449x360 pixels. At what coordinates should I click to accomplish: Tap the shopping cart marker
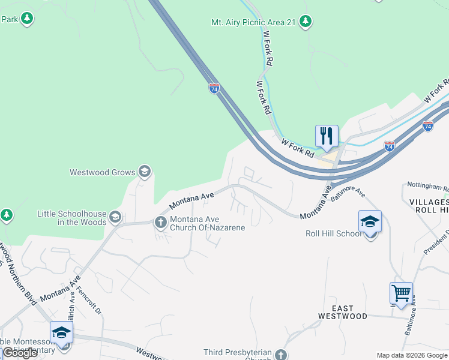point(401,293)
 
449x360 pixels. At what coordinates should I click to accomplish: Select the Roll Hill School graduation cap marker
point(370,221)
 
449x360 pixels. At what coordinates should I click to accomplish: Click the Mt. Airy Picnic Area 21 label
point(253,22)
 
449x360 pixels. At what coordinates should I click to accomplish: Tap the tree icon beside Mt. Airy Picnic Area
point(306,22)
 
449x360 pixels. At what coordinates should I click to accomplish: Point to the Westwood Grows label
point(103,172)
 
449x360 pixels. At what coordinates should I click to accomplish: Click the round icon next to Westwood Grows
point(144,172)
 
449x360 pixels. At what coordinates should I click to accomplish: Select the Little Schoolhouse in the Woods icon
point(115,217)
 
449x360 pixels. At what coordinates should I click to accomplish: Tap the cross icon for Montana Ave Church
point(161,223)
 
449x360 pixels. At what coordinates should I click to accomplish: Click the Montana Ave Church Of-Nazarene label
point(207,223)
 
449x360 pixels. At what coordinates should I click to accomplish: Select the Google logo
point(20,353)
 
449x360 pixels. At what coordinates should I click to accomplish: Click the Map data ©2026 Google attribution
point(412,355)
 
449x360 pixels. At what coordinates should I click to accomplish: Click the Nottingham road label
point(427,187)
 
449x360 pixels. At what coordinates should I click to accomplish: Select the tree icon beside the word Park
point(26,19)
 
